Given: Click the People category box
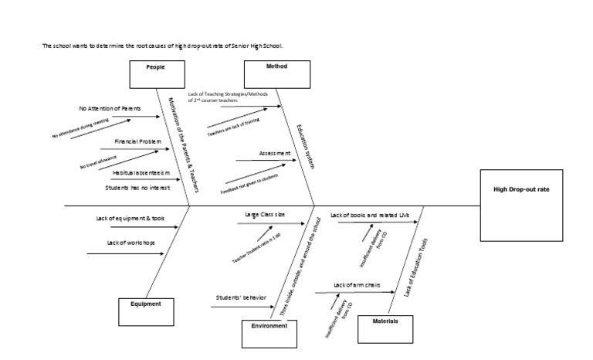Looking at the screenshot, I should coord(155,74).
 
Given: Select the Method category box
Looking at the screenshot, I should coord(277,74).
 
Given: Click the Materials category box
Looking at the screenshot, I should coord(385,328).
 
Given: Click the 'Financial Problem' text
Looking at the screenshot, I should coord(138,142).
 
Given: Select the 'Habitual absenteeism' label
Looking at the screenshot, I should coord(140,173).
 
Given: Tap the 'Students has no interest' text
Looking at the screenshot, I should coord(137,187).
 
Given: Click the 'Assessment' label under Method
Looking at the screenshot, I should coord(275,154).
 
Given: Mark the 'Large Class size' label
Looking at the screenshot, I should coord(266,214).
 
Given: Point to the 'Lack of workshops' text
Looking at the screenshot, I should coord(130,243).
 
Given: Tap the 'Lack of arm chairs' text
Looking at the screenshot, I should coord(359,286).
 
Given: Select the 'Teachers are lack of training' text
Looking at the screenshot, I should coord(232,127).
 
